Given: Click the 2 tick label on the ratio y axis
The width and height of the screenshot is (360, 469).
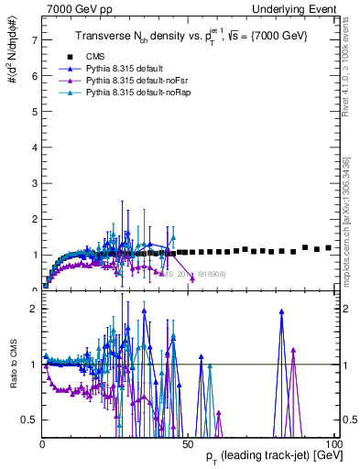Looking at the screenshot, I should click(x=34, y=309).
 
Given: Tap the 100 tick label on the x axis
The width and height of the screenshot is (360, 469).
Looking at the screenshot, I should click(x=332, y=443).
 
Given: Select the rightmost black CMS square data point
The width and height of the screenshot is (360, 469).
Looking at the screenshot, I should click(x=329, y=247).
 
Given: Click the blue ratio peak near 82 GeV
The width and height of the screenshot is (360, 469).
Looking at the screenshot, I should click(x=281, y=312).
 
